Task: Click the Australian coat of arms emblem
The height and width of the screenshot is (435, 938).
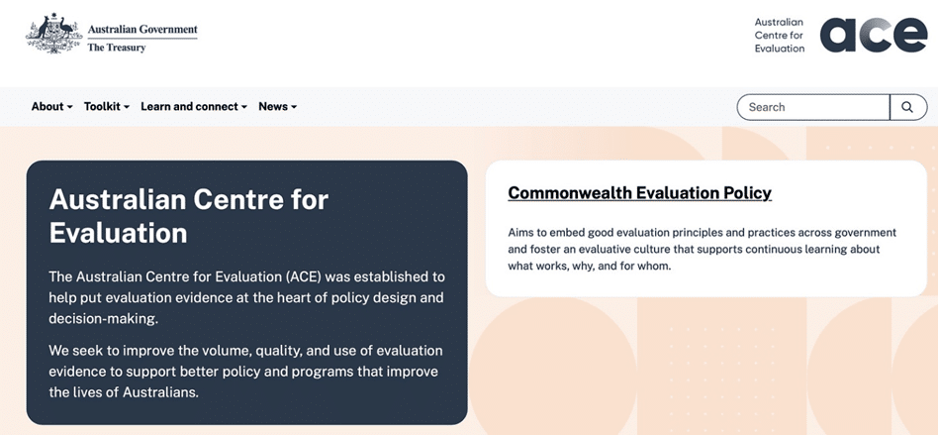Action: tap(53, 34)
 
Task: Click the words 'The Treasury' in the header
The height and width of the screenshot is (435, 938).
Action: tap(117, 48)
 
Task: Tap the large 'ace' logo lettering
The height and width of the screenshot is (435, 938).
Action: tap(874, 35)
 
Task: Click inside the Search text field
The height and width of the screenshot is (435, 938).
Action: tap(813, 107)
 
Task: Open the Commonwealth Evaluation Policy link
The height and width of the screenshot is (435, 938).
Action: tap(639, 193)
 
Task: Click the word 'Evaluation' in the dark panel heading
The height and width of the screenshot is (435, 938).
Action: tap(118, 233)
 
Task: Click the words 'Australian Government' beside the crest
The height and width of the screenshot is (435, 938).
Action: tap(142, 29)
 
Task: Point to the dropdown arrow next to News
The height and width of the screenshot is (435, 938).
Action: tap(294, 107)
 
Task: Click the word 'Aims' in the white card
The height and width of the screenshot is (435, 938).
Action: tap(519, 232)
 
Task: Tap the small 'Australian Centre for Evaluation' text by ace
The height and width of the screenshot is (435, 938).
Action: tap(780, 35)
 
